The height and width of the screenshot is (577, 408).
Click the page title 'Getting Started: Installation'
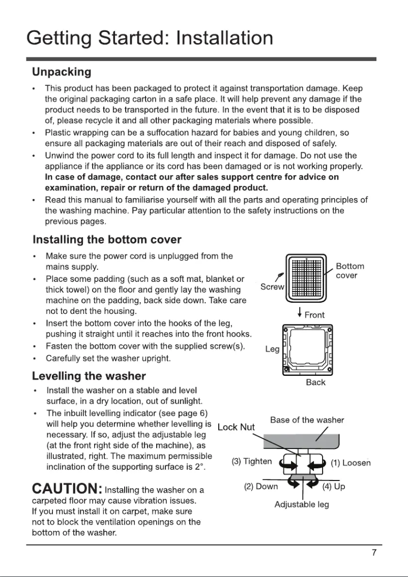[x=150, y=38]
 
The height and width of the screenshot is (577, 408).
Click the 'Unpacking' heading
[x=62, y=72]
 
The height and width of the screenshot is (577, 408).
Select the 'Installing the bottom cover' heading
[x=107, y=239]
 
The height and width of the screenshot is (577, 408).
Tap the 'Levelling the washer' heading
[x=89, y=376]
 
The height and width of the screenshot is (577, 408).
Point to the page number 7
[x=373, y=553]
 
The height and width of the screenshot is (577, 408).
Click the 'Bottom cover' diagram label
[x=350, y=271]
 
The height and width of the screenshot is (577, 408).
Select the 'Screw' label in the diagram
[x=272, y=287]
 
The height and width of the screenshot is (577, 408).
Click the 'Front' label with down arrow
[x=311, y=314]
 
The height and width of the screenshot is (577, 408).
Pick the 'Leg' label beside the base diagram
[x=272, y=349]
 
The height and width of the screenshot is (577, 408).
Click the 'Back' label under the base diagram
[x=315, y=382]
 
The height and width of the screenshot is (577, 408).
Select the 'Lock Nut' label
[x=236, y=427]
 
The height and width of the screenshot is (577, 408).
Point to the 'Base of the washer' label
[x=307, y=420]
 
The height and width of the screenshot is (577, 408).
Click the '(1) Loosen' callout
[x=351, y=463]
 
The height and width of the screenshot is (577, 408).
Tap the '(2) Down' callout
[x=261, y=487]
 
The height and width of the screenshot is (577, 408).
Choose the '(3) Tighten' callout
[x=252, y=462]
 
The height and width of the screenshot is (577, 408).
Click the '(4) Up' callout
[x=334, y=487]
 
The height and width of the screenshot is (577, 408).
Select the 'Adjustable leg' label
[x=302, y=504]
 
